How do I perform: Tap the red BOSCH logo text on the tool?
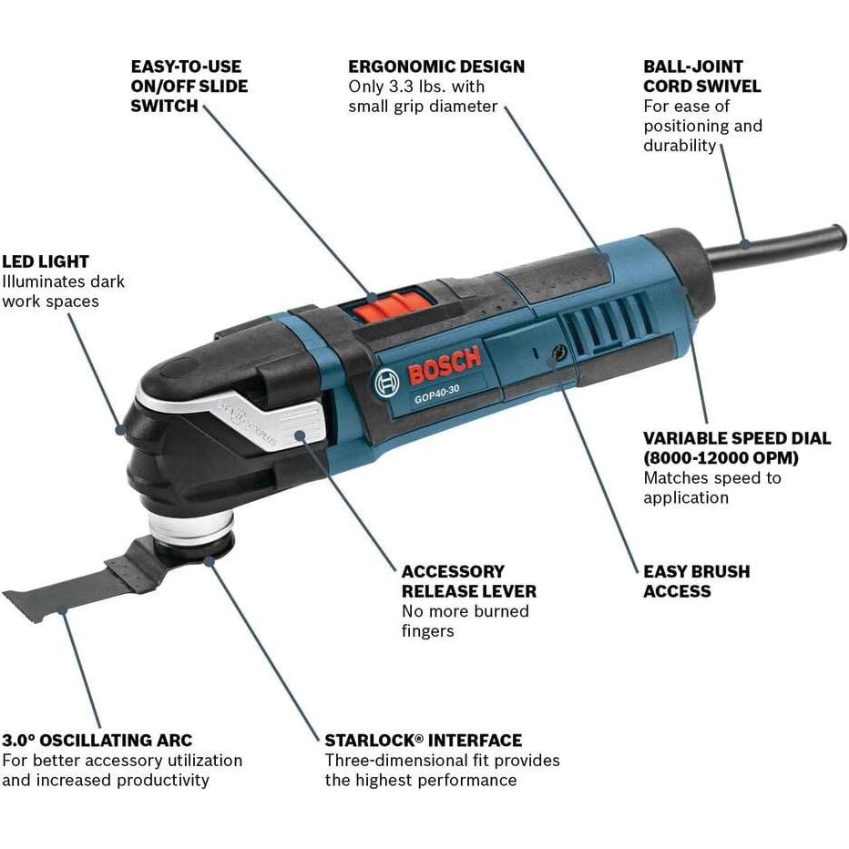coord(443,366)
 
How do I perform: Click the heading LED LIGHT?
coord(46,262)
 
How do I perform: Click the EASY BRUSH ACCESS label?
coord(696,581)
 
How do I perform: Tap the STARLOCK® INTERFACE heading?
coord(423,741)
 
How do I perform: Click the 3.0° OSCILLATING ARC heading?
coord(97,741)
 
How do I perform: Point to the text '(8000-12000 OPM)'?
coord(721,457)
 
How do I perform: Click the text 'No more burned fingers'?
coord(465,620)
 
